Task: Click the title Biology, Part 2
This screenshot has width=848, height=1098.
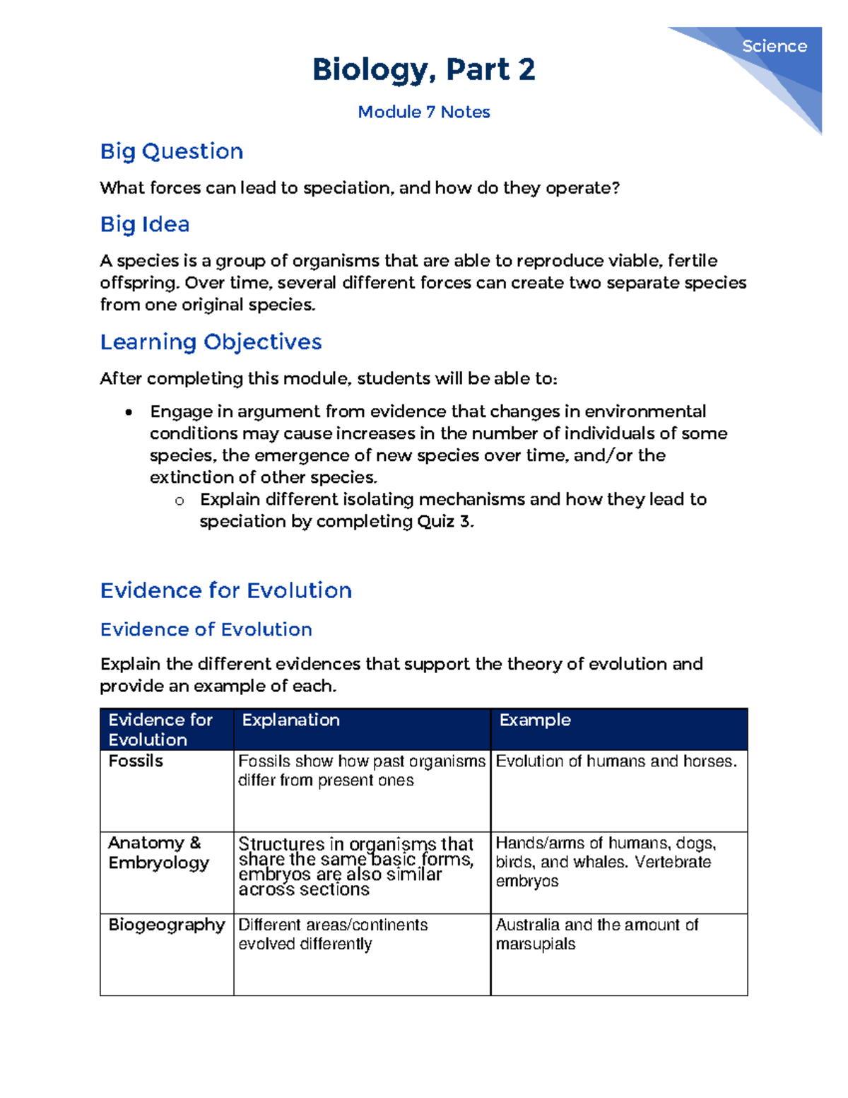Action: pos(423,69)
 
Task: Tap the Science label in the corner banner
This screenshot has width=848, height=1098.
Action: pos(774,47)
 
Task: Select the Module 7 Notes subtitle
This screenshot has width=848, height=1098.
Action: pos(423,112)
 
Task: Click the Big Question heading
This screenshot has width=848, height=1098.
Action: pos(172,151)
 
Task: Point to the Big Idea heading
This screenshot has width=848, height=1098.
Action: pos(145,224)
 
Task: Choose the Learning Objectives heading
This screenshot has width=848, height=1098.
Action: pos(211,342)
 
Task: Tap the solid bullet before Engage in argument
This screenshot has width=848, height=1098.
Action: pos(128,413)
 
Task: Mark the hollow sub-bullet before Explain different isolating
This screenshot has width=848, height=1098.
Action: pos(179,501)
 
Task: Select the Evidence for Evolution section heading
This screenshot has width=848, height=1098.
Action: pos(225,590)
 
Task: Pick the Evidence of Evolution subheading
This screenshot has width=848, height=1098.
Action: pos(206,629)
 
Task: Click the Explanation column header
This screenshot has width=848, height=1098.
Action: pos(290,720)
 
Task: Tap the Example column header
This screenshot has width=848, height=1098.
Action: pos(535,720)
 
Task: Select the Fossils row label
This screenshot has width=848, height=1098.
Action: pos(136,761)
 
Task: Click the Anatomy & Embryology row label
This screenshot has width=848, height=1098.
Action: pos(158,853)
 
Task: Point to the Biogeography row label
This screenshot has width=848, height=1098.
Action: pos(166,925)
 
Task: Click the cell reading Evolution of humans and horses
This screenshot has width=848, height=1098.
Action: pos(616,761)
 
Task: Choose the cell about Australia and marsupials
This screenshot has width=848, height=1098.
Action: pos(596,934)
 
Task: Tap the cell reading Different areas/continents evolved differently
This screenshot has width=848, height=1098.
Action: pos(333,934)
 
